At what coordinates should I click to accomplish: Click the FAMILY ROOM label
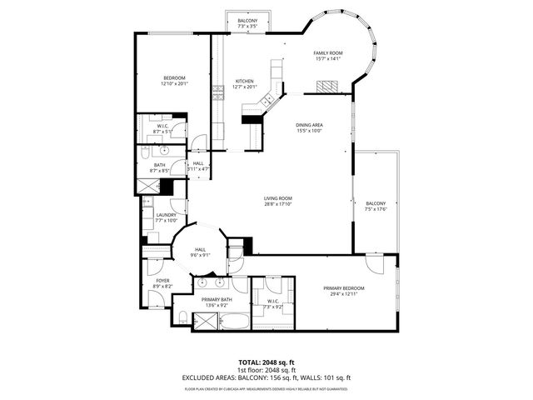click(328, 52)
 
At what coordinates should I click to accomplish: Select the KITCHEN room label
click(244, 81)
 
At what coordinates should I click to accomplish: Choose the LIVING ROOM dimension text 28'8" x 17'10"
click(278, 203)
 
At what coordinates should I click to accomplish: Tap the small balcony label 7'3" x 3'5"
click(247, 26)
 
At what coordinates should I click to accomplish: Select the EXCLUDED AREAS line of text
click(266, 377)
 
